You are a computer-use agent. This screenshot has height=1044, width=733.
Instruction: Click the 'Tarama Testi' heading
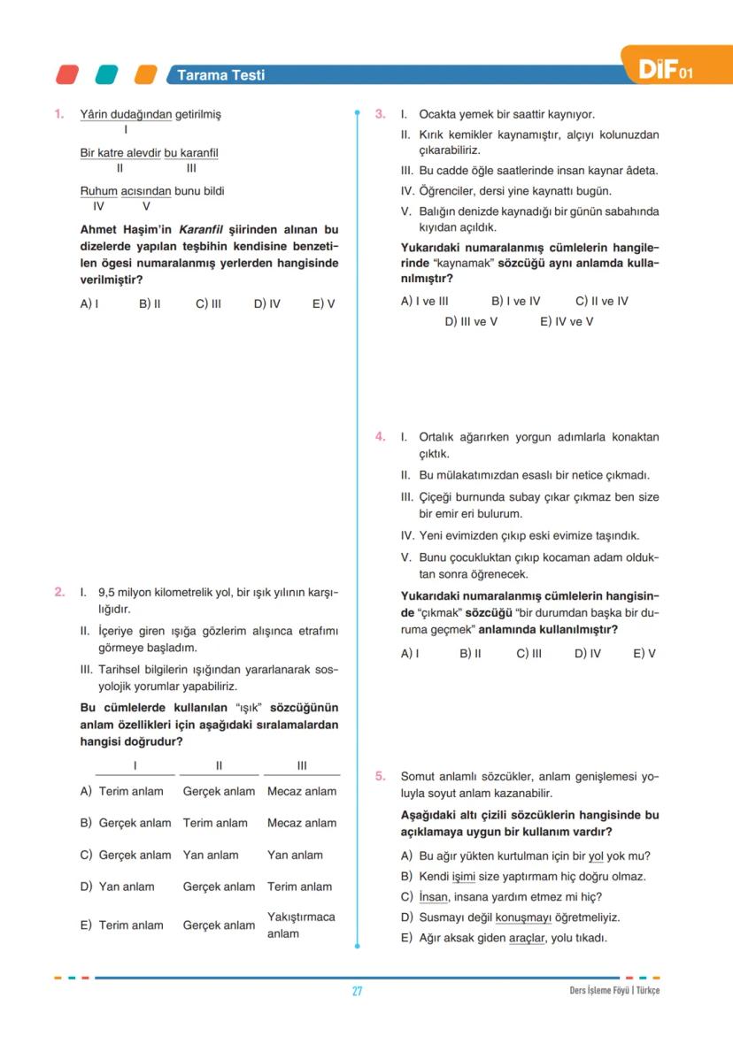[x=220, y=75]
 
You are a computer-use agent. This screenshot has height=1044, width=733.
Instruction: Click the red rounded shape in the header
[x=66, y=75]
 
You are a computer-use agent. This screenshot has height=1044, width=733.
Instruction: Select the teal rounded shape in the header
[x=106, y=75]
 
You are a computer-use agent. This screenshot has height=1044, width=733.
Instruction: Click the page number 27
[x=357, y=991]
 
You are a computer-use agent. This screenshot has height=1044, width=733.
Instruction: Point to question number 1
[x=59, y=114]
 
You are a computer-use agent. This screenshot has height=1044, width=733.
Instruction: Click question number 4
[x=380, y=437]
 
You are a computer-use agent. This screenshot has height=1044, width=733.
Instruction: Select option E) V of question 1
[x=323, y=303]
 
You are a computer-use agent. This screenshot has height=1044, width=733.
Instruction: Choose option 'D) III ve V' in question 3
[x=471, y=321]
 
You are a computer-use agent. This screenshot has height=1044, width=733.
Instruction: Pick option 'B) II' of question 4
[x=470, y=654]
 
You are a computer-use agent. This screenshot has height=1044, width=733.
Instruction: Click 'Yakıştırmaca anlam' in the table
[x=301, y=925]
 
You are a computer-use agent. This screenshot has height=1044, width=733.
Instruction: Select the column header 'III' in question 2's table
[x=302, y=765]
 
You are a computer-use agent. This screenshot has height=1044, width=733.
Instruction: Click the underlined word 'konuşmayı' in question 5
[x=518, y=917]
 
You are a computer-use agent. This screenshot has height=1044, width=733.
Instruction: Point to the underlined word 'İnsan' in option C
[x=434, y=897]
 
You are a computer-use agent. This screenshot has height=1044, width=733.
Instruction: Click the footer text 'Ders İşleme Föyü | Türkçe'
[x=614, y=991]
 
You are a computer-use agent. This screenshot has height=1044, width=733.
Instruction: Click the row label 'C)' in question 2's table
[x=86, y=855]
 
